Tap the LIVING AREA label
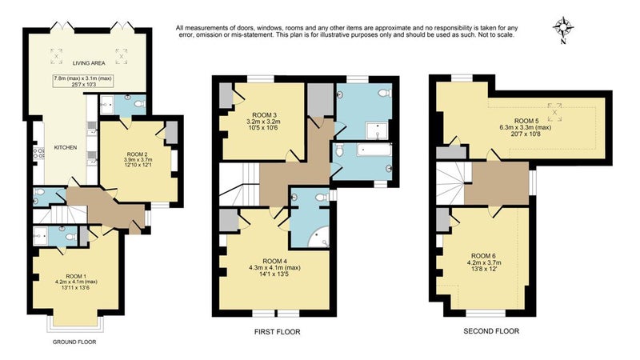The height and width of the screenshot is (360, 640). point(89,63)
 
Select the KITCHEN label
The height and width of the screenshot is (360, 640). point(66,147)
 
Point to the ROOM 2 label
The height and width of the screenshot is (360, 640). point(138,154)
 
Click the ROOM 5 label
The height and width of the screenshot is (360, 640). point(526,122)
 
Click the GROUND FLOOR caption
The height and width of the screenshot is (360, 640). point(74,342)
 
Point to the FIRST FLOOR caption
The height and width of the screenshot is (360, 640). point(277,332)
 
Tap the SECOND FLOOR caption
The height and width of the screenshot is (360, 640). point(491,331)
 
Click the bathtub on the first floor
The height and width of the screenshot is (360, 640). point(374,150)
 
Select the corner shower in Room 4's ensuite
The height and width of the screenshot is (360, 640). point(318,238)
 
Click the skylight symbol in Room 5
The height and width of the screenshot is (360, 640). point(554,112)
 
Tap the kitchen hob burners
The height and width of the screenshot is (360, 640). point(38,153)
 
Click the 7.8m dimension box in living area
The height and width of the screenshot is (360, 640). point(83,82)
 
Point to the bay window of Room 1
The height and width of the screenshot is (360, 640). point(74,322)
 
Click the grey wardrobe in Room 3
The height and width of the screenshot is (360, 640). point(226,96)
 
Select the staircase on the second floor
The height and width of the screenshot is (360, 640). point(450,183)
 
